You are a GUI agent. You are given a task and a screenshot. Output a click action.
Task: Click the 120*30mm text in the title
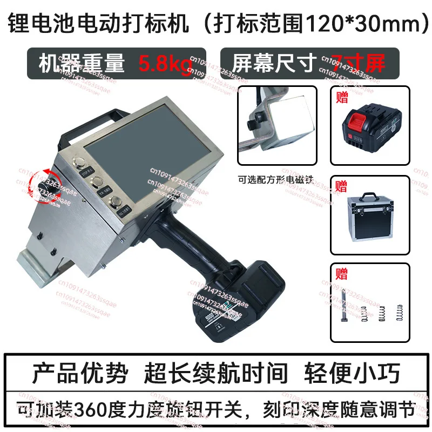click(x=361, y=25)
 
